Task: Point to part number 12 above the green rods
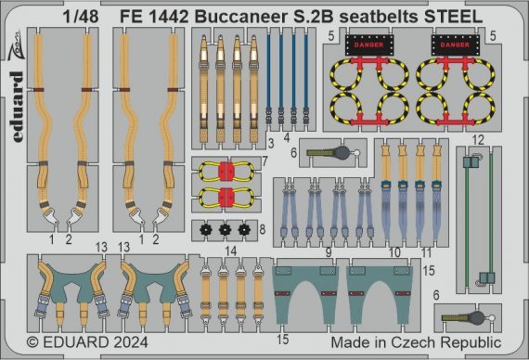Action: pos(477,139)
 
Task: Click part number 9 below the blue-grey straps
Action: pos(329,251)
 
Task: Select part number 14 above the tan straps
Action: pos(231,251)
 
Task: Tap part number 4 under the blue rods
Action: pos(287,144)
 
